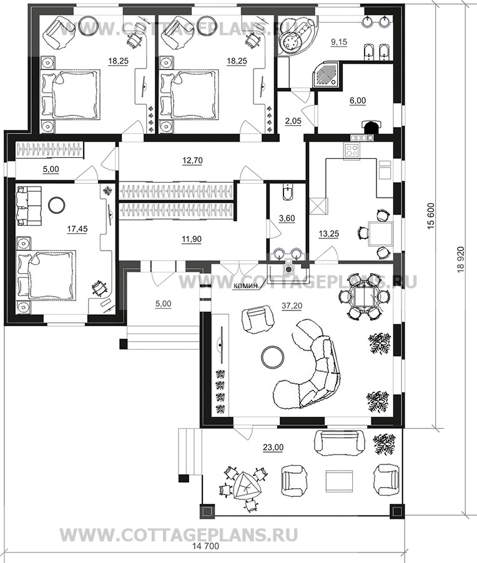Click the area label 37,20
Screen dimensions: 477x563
click(x=292, y=306)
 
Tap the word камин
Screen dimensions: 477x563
click(x=245, y=286)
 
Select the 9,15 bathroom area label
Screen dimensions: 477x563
click(x=338, y=42)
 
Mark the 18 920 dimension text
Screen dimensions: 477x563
click(x=461, y=259)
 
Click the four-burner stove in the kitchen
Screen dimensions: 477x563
click(x=351, y=150)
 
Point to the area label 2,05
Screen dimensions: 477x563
click(x=293, y=121)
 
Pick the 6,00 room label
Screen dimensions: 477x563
click(x=358, y=101)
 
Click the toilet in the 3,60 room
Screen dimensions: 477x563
click(x=287, y=191)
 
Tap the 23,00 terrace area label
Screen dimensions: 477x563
click(x=274, y=448)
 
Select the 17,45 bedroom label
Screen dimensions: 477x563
click(x=77, y=229)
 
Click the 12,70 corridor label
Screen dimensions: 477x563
click(x=192, y=160)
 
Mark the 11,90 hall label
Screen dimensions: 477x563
click(x=192, y=239)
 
